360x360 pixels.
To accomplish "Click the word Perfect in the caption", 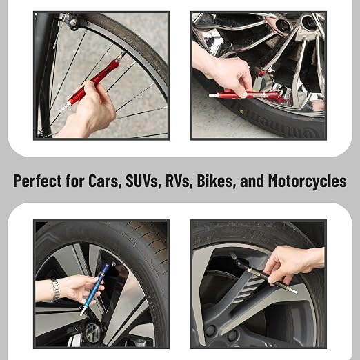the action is pyautogui.click(x=37, y=181).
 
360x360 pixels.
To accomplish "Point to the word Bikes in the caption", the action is pyautogui.click(x=216, y=181).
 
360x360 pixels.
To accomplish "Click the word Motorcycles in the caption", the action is pyautogui.click(x=307, y=181).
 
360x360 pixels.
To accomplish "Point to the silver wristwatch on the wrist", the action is pyautogui.click(x=55, y=290).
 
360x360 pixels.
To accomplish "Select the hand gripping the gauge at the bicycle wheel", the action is pyautogui.click(x=90, y=109).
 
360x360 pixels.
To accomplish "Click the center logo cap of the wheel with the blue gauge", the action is pyautogui.click(x=92, y=332).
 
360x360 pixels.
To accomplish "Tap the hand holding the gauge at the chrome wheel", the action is pyautogui.click(x=228, y=74).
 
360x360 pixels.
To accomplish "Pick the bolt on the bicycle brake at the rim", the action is pyautogui.click(x=73, y=23).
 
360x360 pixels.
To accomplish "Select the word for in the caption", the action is pyautogui.click(x=75, y=181).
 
